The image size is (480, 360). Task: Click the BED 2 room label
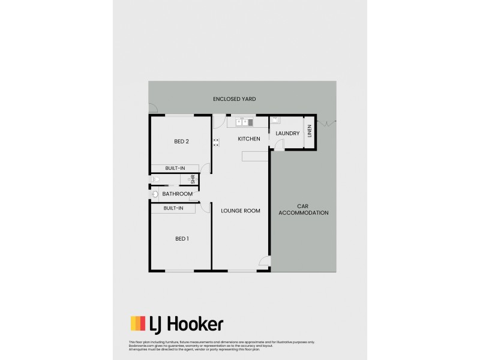pos(182,142)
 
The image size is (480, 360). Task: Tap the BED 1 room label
pos(182,239)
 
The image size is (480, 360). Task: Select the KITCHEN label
pos(249,139)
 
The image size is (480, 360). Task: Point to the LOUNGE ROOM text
pos(241,211)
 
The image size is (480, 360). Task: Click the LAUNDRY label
pos(287,133)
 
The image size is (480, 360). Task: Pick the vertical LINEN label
pos(310,131)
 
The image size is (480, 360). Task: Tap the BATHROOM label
pos(178,194)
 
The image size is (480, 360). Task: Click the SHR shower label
pos(193,179)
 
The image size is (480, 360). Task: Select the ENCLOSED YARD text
pos(239,98)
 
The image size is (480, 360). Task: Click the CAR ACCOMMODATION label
pos(304,209)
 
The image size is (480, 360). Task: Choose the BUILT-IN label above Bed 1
pos(173,208)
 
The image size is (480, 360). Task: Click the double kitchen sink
pos(243,122)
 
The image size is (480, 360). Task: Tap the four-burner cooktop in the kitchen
pos(216,143)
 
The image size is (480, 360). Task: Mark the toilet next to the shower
pos(155,179)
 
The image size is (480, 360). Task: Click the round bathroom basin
pos(155,194)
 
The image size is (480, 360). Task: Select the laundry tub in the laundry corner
pos(274,119)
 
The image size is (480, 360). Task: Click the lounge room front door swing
pos(265,262)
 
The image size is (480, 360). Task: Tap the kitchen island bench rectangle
pos(255,156)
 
